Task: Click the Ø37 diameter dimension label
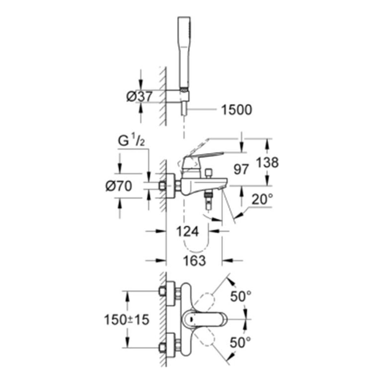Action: click(x=139, y=97)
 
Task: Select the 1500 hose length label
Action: click(x=237, y=110)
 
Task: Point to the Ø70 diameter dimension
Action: click(x=119, y=186)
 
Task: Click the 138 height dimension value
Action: click(x=267, y=163)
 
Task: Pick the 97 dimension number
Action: click(x=241, y=170)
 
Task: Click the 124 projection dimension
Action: click(x=188, y=232)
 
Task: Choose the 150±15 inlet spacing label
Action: click(x=127, y=320)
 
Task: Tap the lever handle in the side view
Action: click(x=203, y=160)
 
